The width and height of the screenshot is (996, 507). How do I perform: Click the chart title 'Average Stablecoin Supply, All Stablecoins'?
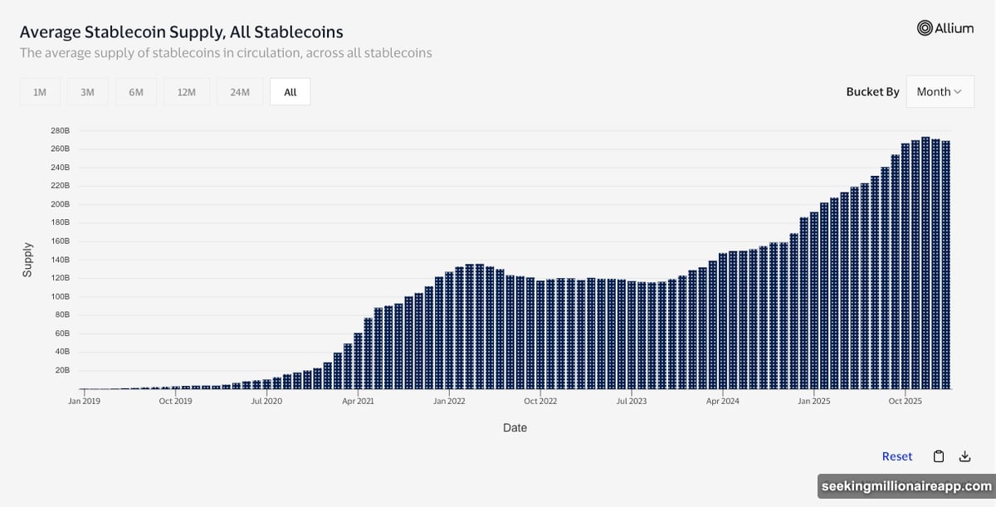[181, 32]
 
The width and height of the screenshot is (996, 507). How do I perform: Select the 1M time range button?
[39, 92]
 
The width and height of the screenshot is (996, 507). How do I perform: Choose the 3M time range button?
[87, 92]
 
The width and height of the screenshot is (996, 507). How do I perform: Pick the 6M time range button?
[136, 92]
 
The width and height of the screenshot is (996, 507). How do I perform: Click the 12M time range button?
[186, 92]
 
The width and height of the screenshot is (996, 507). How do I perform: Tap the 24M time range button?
[240, 92]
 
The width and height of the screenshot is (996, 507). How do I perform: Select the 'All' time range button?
[290, 92]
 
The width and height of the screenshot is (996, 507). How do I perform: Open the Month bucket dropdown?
[940, 92]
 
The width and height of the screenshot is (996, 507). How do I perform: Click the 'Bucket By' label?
[872, 92]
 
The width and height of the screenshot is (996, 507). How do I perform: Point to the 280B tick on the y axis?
[60, 131]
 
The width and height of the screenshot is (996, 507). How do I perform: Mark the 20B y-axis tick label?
[62, 370]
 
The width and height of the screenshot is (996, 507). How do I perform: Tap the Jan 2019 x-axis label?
[85, 401]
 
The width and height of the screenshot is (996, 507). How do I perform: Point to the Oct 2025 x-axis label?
[906, 401]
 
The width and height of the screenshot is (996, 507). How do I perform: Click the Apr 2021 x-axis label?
[358, 401]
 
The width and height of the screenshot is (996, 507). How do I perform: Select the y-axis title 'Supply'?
[27, 260]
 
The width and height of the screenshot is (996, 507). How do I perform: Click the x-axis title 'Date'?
[515, 428]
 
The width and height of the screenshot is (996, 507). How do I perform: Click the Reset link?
[896, 456]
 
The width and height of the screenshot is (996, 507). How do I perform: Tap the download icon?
[964, 456]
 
